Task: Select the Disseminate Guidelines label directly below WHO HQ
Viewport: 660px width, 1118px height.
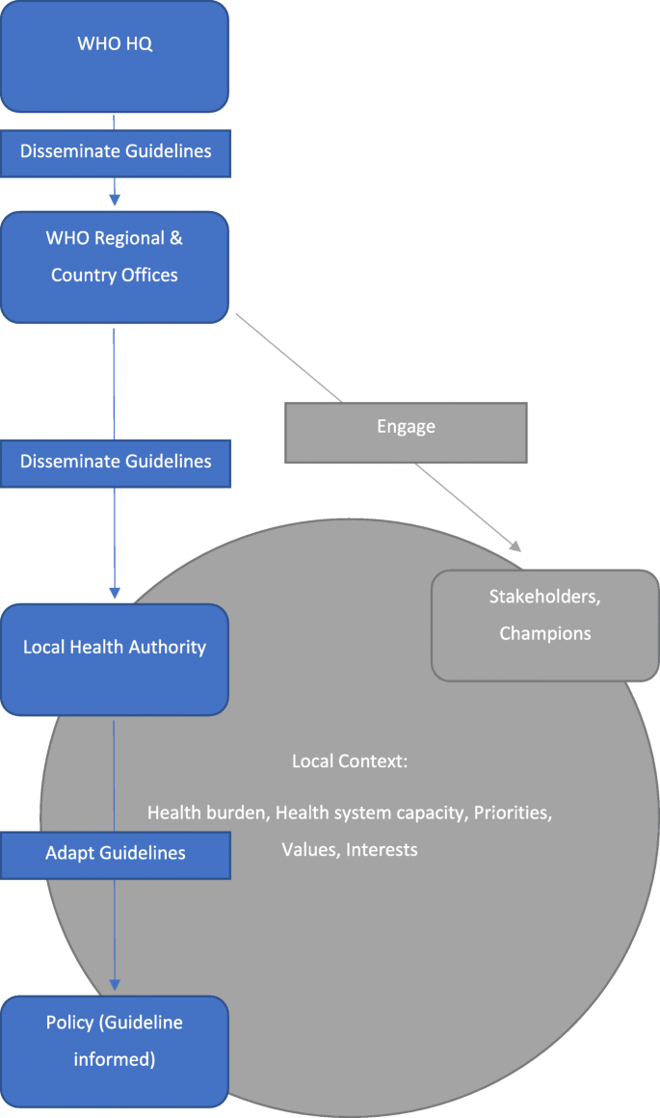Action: pos(116,152)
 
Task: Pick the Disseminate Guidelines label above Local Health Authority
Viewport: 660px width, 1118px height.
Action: pos(116,462)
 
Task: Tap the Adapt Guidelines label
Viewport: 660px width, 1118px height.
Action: pos(116,853)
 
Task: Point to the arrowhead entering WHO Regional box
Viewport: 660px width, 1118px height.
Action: pos(115,199)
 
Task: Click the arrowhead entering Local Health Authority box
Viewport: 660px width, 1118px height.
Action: pos(115,592)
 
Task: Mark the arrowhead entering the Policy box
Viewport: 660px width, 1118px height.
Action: pos(115,984)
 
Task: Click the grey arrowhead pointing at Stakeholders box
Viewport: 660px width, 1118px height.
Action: pos(513,546)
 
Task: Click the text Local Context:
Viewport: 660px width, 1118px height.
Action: pos(350,761)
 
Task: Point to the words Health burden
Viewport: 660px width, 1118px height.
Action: pos(207,812)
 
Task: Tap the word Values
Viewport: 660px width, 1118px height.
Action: pos(308,849)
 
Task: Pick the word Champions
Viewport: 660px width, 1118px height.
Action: pos(544,634)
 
